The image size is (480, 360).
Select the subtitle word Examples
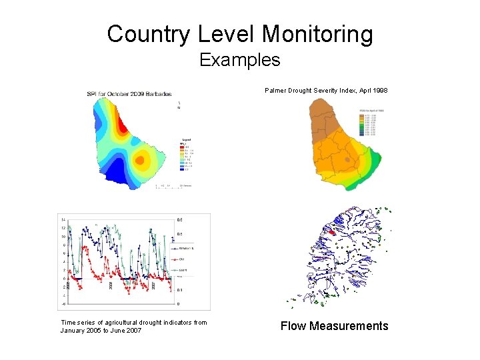pos(240,60)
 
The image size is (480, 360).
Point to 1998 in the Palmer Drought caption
pos(378,89)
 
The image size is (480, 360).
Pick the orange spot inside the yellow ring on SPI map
pos(141,159)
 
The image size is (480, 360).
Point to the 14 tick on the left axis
pos(63,219)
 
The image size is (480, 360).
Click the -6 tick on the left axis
pos(63,304)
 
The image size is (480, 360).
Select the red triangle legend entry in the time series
pos(176,259)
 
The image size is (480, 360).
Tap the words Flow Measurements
pos(334,326)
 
